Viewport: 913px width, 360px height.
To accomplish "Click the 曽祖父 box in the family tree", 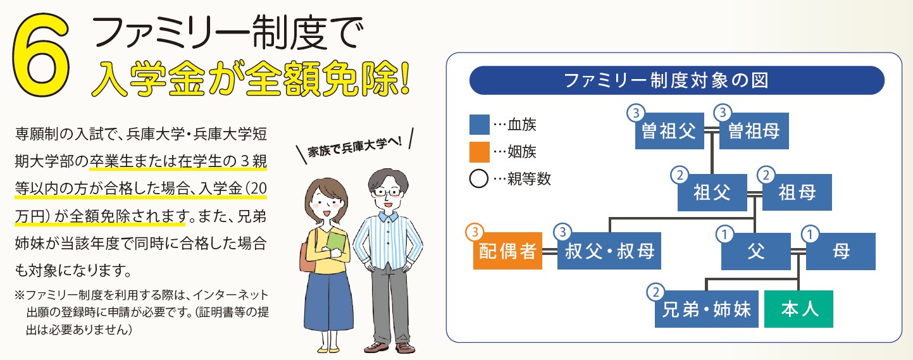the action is tap(669, 131).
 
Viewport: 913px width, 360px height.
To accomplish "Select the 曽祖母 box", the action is tap(754, 131).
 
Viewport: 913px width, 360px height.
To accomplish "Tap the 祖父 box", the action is tap(712, 192).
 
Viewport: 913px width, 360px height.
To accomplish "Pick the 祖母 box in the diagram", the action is tap(797, 192).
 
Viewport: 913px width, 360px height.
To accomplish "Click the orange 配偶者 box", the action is tap(507, 251).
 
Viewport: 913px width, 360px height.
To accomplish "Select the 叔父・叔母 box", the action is tap(609, 251).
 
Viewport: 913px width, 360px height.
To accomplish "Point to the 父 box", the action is tap(756, 251).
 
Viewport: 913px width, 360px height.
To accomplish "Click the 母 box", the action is tap(841, 251).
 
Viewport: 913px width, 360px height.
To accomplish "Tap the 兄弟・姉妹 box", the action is tap(706, 309).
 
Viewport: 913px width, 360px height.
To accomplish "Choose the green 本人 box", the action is tap(799, 309).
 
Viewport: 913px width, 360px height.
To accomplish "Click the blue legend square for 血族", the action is tap(480, 125).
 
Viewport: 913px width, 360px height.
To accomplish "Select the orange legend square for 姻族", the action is tap(480, 152).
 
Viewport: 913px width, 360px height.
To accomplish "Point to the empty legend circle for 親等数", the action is tap(479, 179).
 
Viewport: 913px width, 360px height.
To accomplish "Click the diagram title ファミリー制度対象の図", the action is tap(666, 80).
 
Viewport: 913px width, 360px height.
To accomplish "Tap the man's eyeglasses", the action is tap(388, 192).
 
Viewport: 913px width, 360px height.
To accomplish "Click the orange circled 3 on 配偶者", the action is tap(475, 232).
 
